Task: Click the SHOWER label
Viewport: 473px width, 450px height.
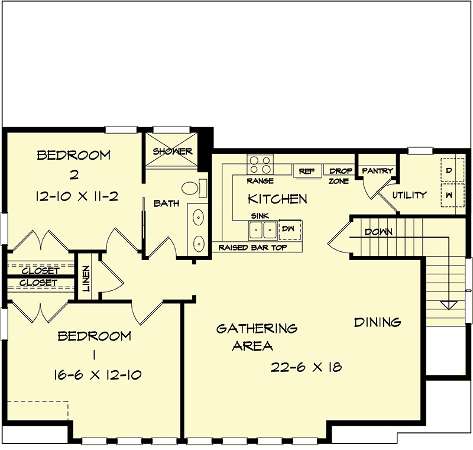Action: [173, 151]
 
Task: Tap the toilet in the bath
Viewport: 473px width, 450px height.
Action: [190, 189]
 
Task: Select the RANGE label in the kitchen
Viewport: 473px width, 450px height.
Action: [260, 181]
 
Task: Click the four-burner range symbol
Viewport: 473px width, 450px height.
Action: [260, 164]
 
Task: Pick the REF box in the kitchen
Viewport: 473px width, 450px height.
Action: [306, 171]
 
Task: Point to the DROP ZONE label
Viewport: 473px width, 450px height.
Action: [341, 176]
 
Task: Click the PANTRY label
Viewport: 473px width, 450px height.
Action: [377, 171]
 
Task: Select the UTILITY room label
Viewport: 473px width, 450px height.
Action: [409, 195]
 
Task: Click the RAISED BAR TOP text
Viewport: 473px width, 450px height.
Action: [252, 247]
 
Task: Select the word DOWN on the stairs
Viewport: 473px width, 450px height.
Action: [378, 232]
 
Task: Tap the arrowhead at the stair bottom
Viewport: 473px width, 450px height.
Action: [449, 305]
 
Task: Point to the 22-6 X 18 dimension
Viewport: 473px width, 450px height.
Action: [306, 367]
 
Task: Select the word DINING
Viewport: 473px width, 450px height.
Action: [377, 322]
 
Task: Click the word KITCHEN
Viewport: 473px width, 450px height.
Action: [277, 199]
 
